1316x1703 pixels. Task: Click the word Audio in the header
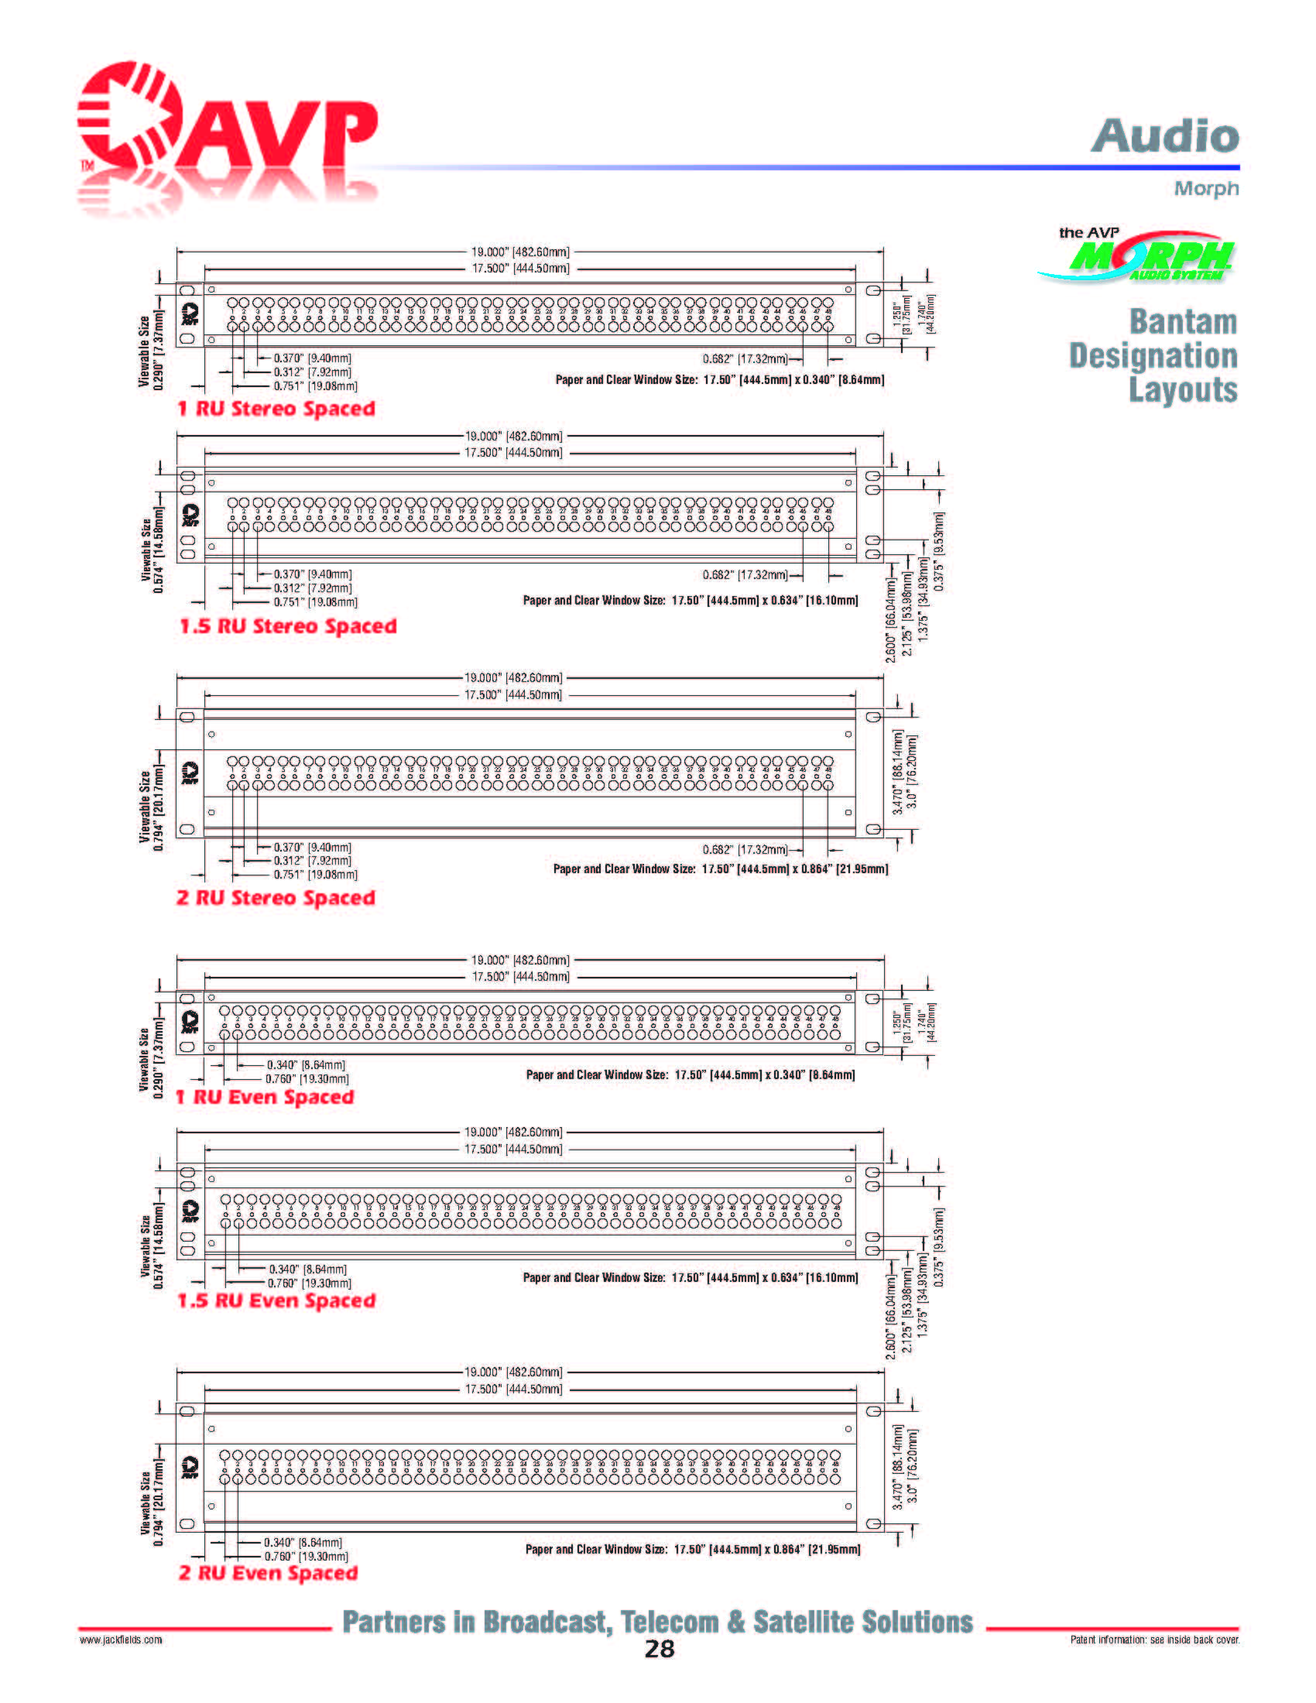pos(1165,136)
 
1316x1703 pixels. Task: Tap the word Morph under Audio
pos(1206,189)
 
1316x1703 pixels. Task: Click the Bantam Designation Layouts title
pos(1154,355)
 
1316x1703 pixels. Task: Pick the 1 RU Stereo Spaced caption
pos(277,409)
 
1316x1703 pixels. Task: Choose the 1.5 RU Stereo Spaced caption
pos(288,627)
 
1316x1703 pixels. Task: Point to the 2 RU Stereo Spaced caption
pos(276,898)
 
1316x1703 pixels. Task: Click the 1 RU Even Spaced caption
pos(265,1098)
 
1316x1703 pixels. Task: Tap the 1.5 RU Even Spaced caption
pos(277,1301)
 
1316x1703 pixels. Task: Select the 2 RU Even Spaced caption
pos(268,1573)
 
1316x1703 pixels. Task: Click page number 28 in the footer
pos(659,1648)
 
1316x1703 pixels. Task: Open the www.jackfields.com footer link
pos(121,1640)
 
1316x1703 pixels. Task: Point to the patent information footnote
pos(1155,1640)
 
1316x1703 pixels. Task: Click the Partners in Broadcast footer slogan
pos(658,1622)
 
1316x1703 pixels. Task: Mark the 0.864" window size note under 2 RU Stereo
pos(721,869)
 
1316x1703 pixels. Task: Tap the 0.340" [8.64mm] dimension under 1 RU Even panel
pos(306,1065)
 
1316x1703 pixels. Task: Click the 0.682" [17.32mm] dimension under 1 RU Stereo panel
pos(745,359)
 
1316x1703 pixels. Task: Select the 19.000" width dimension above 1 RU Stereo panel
pos(520,252)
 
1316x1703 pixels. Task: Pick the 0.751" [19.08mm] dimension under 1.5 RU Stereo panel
pos(315,602)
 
